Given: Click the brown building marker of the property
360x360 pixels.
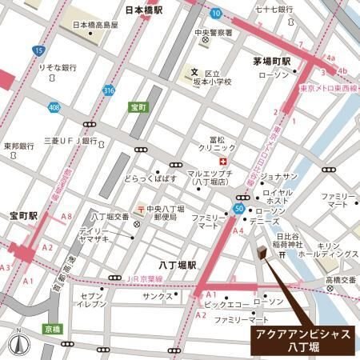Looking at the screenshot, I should tap(262, 253).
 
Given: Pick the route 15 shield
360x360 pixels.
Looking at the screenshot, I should tap(39, 51).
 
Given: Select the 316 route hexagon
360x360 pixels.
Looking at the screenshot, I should tap(109, 90).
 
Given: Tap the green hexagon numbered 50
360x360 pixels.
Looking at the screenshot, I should tap(238, 209).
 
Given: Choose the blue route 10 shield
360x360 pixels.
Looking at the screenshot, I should tap(216, 13).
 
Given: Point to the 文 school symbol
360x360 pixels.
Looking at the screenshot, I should tap(193, 72).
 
